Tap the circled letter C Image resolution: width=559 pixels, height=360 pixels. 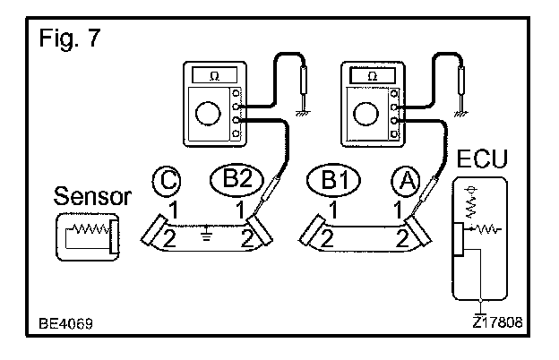[166, 182]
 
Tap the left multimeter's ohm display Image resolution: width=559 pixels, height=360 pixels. [213, 76]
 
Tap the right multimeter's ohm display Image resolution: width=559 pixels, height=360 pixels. [370, 76]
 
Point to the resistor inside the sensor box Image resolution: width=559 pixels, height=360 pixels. [87, 235]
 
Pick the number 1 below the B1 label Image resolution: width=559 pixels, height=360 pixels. [332, 211]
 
